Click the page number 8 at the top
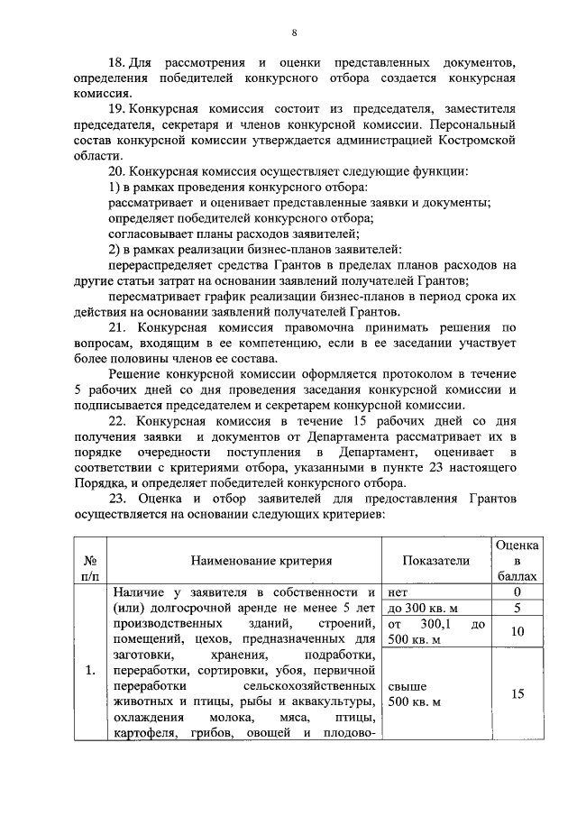[294, 33]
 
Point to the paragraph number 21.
[117, 325]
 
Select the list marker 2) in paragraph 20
[114, 248]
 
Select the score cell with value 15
[517, 694]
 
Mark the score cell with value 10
[517, 632]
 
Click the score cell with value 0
[517, 591]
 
